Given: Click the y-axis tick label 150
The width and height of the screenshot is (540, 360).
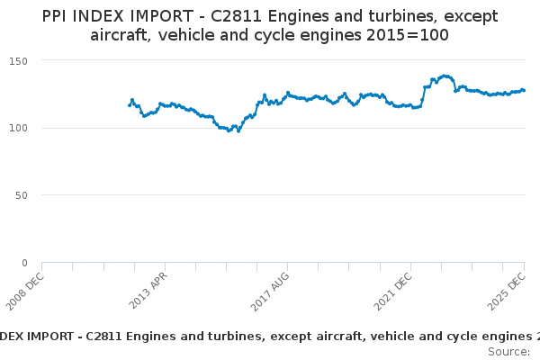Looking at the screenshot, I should (19, 60).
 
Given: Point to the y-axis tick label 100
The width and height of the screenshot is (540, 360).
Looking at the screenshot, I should (19, 128).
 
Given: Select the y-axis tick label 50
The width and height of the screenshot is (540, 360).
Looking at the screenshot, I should (22, 195).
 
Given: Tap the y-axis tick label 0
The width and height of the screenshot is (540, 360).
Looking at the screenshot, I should (24, 263).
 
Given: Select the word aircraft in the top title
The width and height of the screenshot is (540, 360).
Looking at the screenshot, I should (121, 35).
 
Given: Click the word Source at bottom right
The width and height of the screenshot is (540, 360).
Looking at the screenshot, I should (508, 351).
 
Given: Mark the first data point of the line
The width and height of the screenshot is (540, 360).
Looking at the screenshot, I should (130, 105).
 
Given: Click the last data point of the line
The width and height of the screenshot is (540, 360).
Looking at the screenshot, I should (524, 90).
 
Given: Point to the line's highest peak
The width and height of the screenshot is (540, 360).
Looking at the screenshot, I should (445, 76).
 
